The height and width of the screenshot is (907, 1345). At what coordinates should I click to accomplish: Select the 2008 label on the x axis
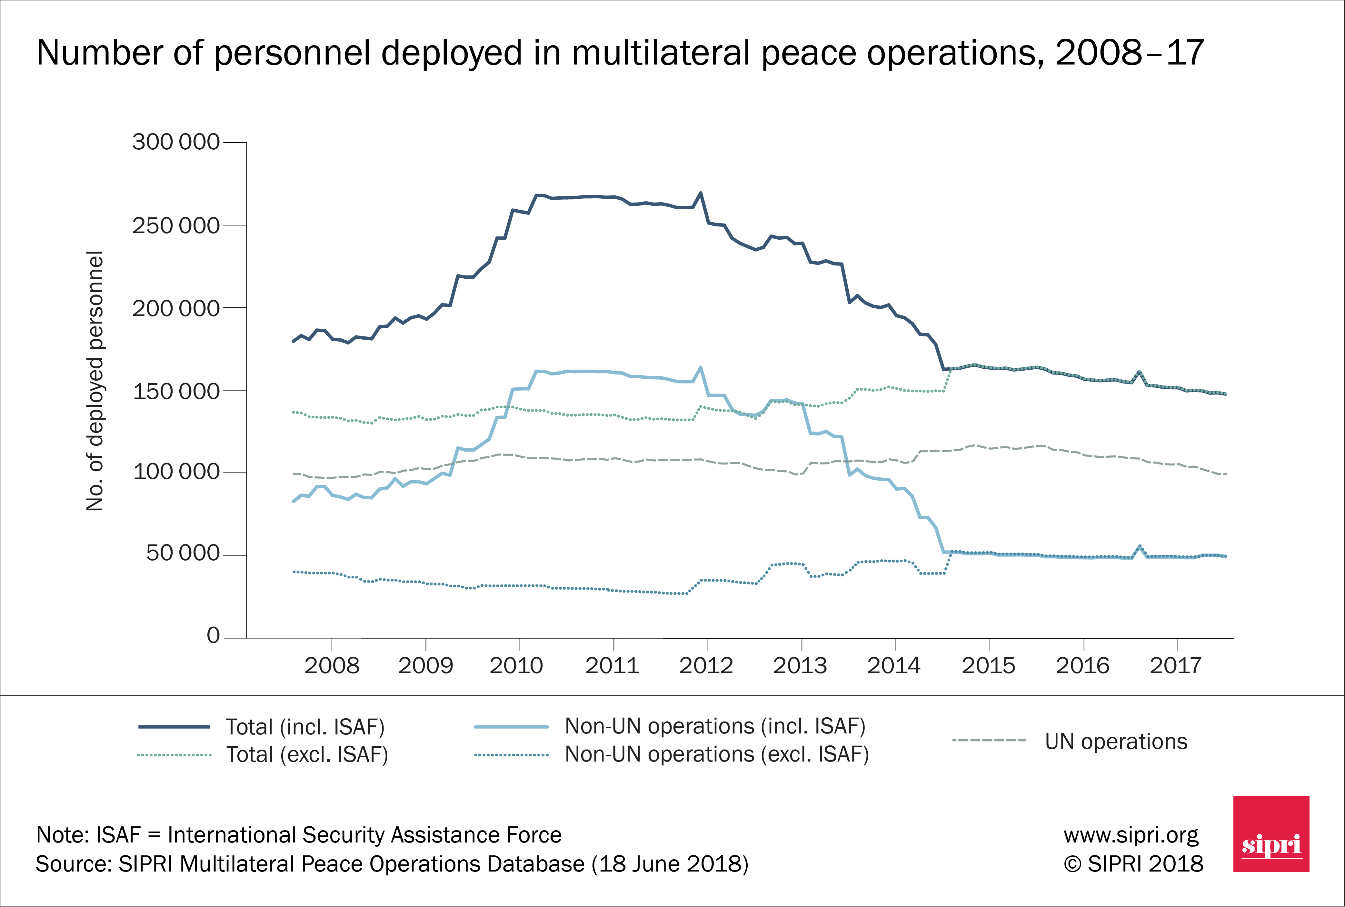tap(332, 666)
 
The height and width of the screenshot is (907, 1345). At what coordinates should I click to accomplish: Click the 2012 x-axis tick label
tap(706, 666)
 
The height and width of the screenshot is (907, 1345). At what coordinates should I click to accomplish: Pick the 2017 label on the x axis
tap(1176, 666)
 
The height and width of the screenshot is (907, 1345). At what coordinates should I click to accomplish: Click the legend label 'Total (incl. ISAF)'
tap(305, 727)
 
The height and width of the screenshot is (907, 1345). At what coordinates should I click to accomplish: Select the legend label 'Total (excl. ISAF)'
tap(307, 755)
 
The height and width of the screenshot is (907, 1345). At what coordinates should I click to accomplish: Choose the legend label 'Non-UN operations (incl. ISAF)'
tap(715, 726)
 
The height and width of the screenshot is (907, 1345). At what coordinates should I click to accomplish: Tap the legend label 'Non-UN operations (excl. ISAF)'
tap(717, 754)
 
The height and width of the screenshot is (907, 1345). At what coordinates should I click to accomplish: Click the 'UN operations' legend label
tap(1116, 742)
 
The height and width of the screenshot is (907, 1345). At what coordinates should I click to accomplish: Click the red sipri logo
tap(1271, 833)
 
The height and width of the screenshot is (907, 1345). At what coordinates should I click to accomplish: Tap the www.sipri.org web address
tap(1131, 835)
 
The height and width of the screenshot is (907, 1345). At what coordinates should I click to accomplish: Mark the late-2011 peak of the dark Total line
tap(701, 193)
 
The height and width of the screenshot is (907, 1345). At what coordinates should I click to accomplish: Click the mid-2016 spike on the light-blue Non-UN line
tap(1139, 546)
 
